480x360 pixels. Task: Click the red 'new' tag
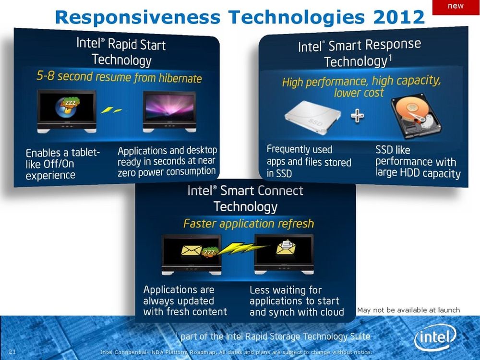click(x=456, y=7)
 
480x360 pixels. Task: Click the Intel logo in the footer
click(x=435, y=337)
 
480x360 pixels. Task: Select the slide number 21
click(x=12, y=351)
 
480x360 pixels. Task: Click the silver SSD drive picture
click(x=312, y=118)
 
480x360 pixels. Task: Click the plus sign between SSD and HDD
click(x=357, y=116)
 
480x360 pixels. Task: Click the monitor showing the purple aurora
click(x=169, y=111)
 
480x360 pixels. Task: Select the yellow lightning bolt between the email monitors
click(x=242, y=249)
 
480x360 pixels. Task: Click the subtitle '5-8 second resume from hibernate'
click(x=119, y=77)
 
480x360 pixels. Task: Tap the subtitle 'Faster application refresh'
click(x=249, y=224)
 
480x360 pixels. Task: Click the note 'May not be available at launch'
click(x=408, y=310)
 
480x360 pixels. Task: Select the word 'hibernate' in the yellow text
click(x=180, y=78)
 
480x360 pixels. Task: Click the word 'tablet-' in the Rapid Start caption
click(x=85, y=152)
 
